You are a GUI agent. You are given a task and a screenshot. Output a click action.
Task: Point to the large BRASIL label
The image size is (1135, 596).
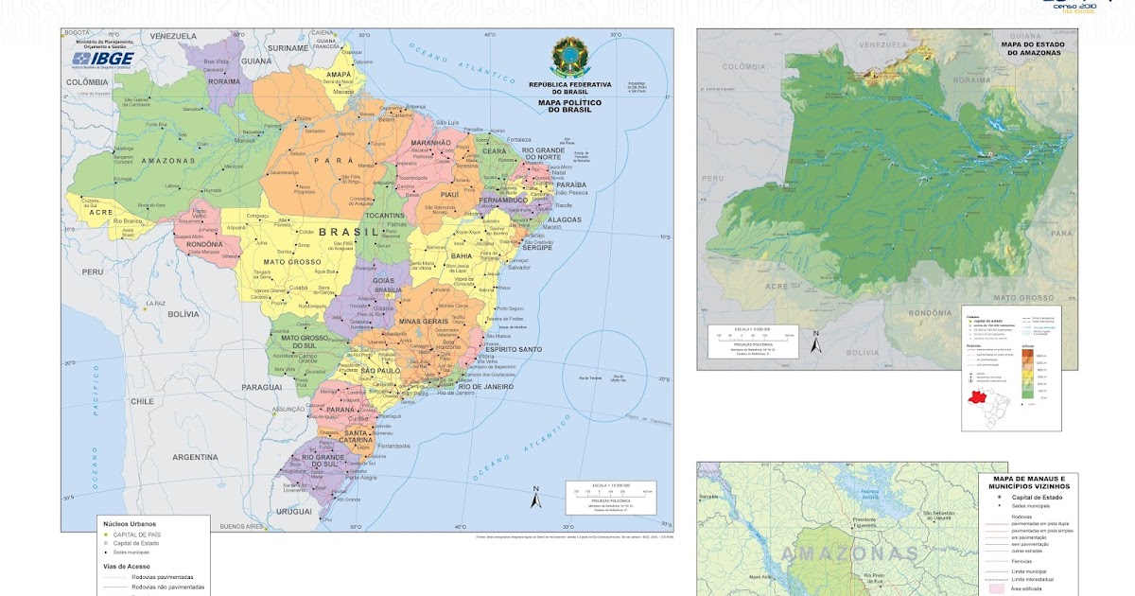(x=351, y=232)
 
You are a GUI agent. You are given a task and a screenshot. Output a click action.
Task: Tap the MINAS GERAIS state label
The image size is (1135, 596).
(x=423, y=322)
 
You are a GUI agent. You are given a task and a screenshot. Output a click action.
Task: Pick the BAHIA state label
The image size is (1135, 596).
(x=462, y=255)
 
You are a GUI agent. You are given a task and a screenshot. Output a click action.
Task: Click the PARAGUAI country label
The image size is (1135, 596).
(x=261, y=387)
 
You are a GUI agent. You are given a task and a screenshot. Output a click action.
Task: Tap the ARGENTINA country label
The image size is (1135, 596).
(x=195, y=457)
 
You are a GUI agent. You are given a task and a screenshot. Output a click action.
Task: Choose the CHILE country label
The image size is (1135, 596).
(x=142, y=401)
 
